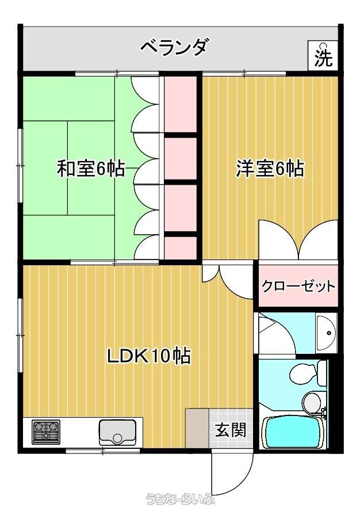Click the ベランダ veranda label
tap(174, 48)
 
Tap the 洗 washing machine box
tap(323, 56)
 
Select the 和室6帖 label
tap(91, 168)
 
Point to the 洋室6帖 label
tap(270, 168)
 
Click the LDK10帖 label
tap(148, 356)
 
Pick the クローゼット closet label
tap(298, 286)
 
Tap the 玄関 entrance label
tap(231, 430)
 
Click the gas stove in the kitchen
tap(46, 432)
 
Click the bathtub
tap(293, 432)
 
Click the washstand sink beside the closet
tap(326, 333)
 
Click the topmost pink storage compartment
tap(181, 105)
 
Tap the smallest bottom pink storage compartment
tap(181, 247)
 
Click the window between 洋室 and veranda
tap(244, 73)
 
